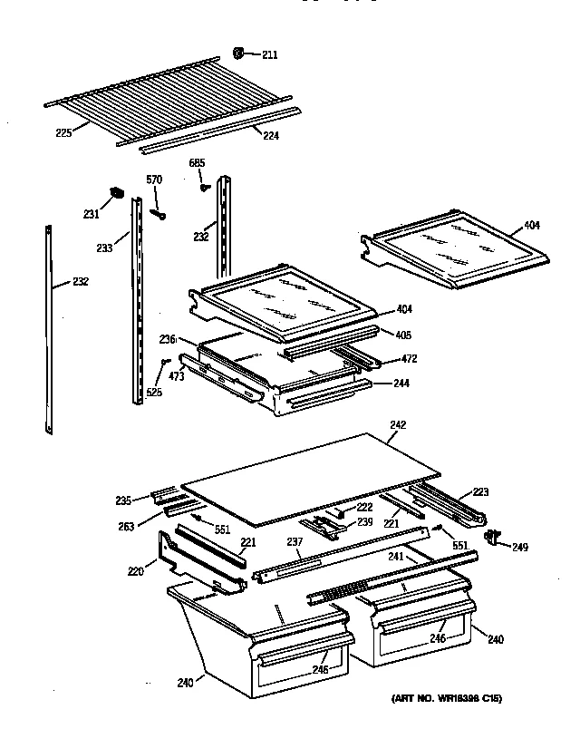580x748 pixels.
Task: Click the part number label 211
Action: (270, 55)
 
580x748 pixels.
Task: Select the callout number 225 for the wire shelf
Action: (63, 132)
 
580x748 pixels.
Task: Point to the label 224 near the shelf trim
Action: (270, 135)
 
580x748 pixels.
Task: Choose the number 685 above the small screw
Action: (197, 163)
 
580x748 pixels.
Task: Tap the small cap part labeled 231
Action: (115, 192)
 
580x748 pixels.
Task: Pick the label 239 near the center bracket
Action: (362, 523)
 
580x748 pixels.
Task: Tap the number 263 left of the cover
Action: (126, 525)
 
